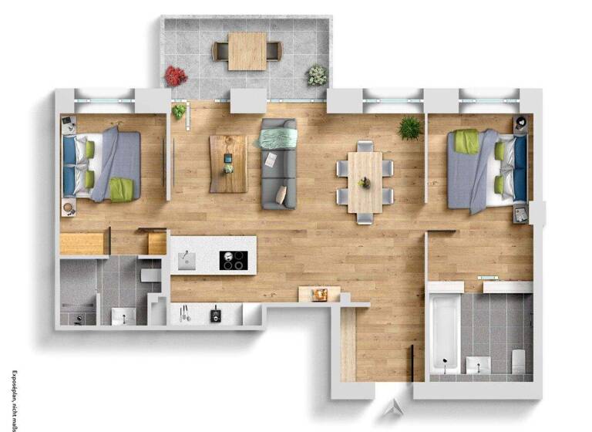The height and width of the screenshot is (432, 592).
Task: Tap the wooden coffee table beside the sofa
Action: point(228,164)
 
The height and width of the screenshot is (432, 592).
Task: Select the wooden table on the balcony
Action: point(247,51)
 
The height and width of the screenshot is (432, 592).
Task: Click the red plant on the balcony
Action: point(175,76)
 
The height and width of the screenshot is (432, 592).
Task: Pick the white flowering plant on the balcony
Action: point(317,75)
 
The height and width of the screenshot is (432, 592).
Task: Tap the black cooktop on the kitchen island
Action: point(233,260)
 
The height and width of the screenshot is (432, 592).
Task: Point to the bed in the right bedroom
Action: point(486,170)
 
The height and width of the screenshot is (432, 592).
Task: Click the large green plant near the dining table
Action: point(410,128)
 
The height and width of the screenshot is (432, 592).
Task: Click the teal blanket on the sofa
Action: point(277,138)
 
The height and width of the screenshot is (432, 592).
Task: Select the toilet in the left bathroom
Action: point(151,273)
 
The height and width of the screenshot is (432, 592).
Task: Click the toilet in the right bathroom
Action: point(518,359)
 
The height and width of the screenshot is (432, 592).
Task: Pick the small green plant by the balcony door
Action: point(179,111)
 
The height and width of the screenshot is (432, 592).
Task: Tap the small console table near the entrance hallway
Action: point(319,294)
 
